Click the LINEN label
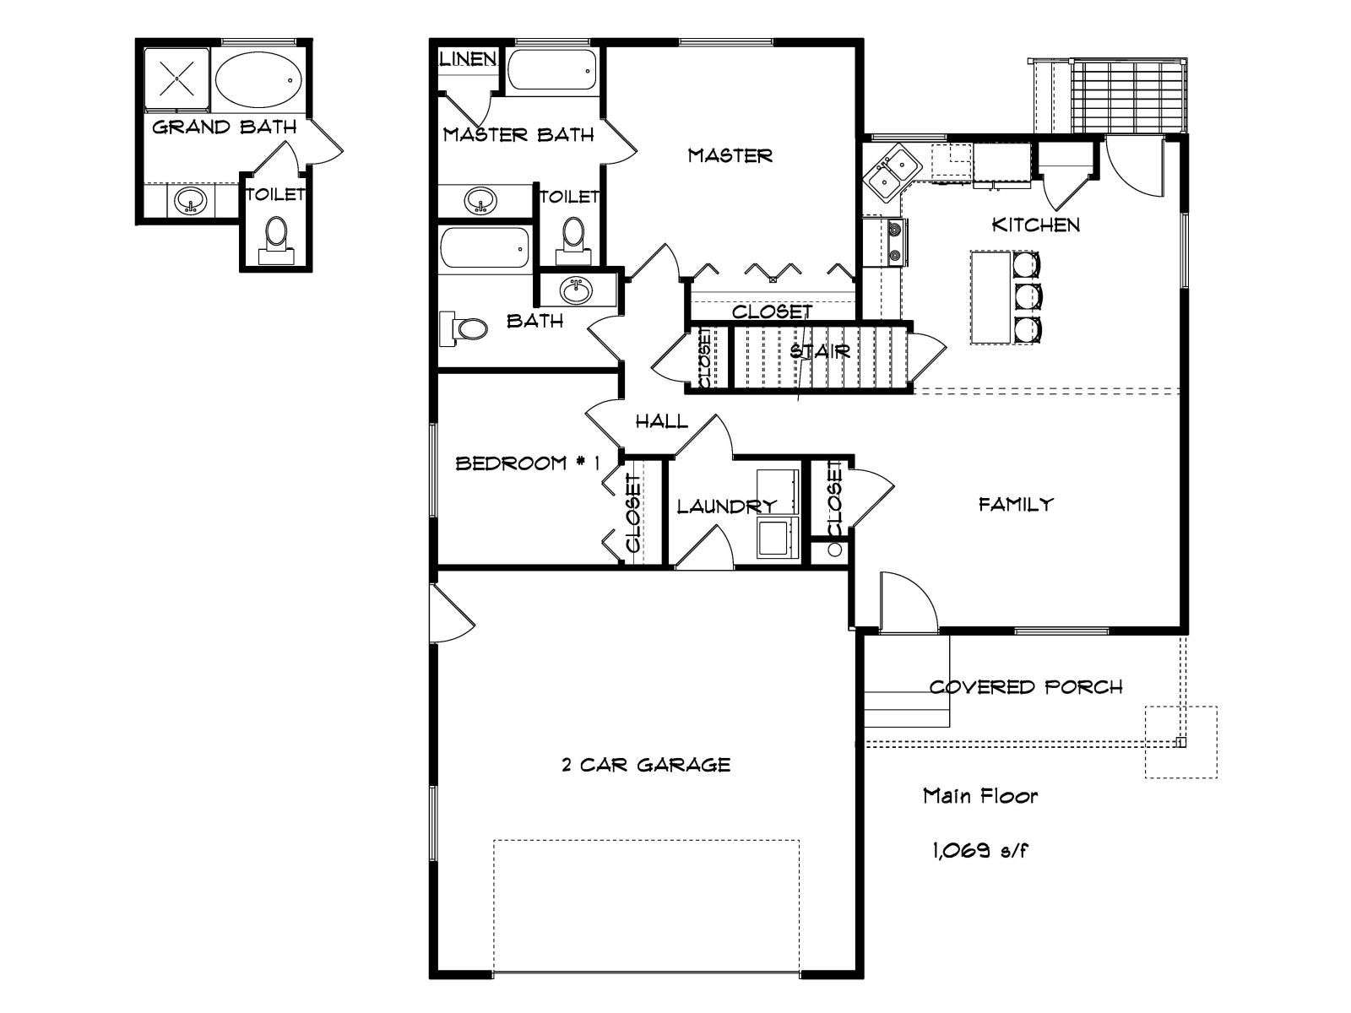point(468,59)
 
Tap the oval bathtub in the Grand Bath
point(259,80)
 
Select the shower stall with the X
point(176,79)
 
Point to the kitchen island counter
point(991,296)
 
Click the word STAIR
point(820,351)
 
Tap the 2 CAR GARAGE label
point(646,765)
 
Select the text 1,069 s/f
point(979,850)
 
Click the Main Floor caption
point(979,796)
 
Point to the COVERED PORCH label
point(1026,686)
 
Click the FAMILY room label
point(1016,504)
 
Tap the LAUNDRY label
point(726,506)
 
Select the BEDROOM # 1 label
point(528,463)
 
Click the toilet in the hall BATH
point(464,328)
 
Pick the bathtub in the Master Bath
point(552,71)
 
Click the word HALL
point(662,421)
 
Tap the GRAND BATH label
point(224,127)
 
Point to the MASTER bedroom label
point(730,155)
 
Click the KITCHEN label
point(1036,225)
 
